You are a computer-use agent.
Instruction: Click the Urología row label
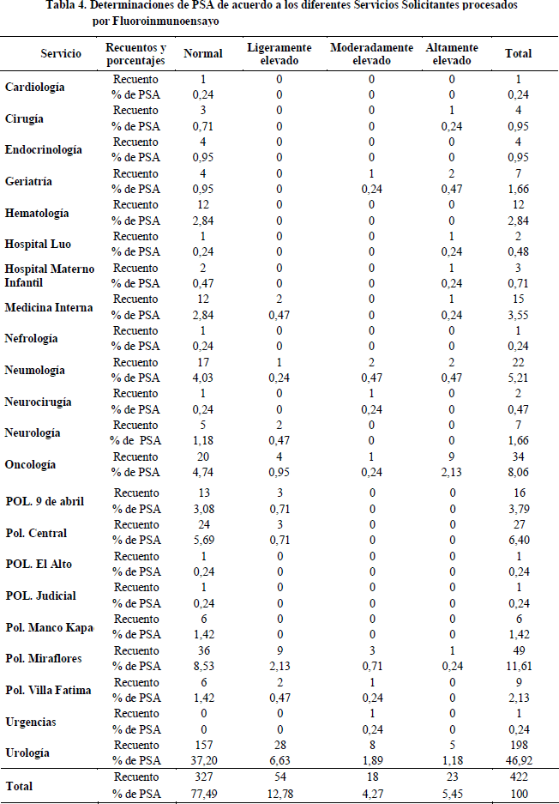(28, 753)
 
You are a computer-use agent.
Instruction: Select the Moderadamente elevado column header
(371, 53)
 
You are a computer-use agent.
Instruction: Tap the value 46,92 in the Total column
(518, 760)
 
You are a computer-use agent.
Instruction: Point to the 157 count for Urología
(203, 745)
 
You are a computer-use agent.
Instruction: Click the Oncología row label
(30, 464)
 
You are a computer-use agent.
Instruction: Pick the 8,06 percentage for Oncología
(518, 472)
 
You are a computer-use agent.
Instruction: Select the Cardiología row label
(34, 87)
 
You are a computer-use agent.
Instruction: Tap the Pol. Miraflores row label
(38, 658)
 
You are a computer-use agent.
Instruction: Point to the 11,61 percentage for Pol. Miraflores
(518, 666)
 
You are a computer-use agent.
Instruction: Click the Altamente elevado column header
(452, 53)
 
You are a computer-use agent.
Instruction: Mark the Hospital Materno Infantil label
(49, 275)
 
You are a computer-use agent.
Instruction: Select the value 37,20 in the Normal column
(203, 760)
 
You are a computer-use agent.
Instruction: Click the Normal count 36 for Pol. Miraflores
(203, 650)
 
